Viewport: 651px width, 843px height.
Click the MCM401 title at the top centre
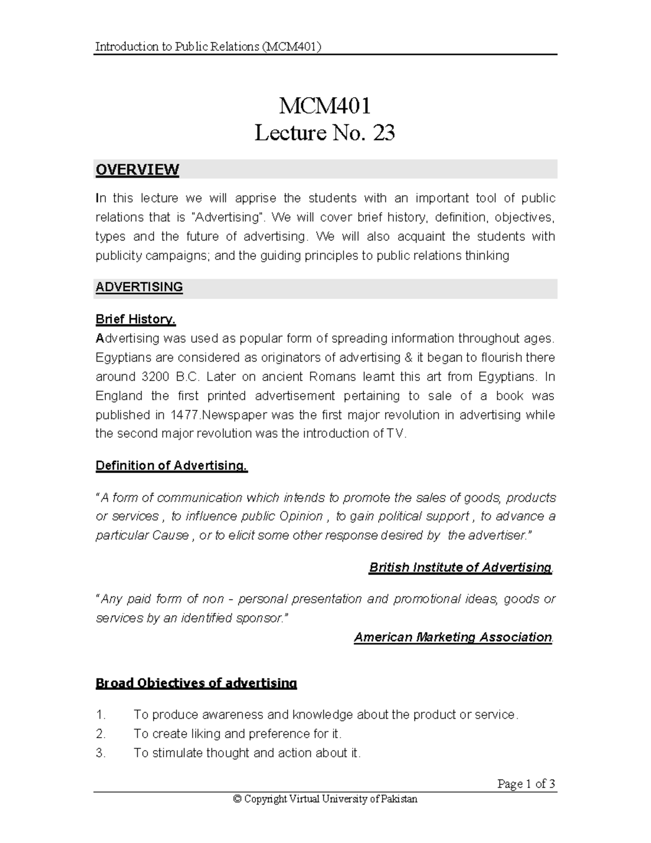324,106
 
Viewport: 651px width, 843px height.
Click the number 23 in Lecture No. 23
382,133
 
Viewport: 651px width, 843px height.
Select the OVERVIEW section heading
137,170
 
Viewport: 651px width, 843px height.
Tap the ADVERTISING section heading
139,287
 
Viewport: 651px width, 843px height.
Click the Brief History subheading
136,319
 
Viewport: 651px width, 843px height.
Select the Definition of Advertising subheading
171,466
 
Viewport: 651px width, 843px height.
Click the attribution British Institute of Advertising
460,567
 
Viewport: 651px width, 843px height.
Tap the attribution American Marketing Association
452,637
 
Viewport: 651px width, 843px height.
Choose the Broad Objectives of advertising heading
196,683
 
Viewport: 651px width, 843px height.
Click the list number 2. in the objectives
100,734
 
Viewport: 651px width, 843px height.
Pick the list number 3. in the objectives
100,753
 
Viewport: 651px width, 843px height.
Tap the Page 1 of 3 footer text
526,784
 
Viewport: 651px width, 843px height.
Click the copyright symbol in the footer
237,799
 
